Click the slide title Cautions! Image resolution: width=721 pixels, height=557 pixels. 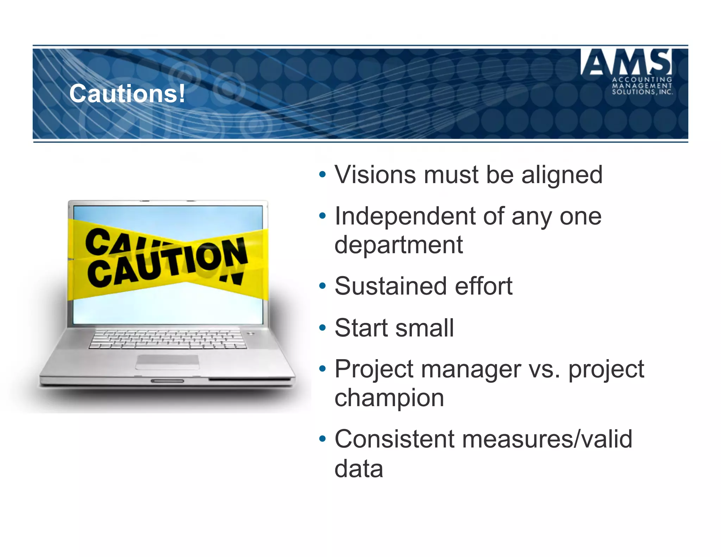coord(127,94)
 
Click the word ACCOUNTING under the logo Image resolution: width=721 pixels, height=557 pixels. coord(642,80)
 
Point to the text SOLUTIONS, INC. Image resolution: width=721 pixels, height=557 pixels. coord(642,92)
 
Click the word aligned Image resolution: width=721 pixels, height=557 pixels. coord(562,175)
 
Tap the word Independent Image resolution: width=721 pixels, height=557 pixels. coord(405,216)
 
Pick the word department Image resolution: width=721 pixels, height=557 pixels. coord(398,245)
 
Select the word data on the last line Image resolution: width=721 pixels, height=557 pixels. coord(358,469)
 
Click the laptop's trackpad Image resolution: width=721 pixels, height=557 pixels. coord(167,362)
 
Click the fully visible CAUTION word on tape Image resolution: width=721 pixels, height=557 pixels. coord(167,262)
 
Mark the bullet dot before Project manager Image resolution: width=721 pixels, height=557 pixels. coord(322,369)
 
